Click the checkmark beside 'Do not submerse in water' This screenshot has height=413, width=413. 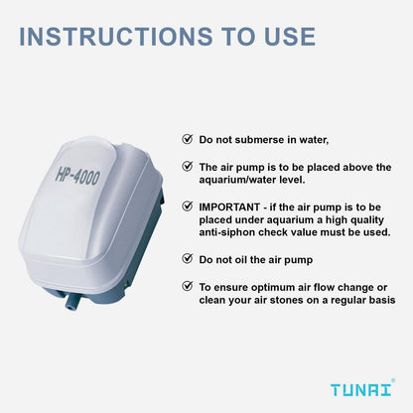click(188, 140)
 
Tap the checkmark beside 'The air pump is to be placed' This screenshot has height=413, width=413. click(188, 167)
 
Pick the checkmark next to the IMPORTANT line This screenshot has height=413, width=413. click(188, 206)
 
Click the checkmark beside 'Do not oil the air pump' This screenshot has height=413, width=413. click(188, 258)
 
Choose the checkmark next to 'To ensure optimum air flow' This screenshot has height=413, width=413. click(188, 285)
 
